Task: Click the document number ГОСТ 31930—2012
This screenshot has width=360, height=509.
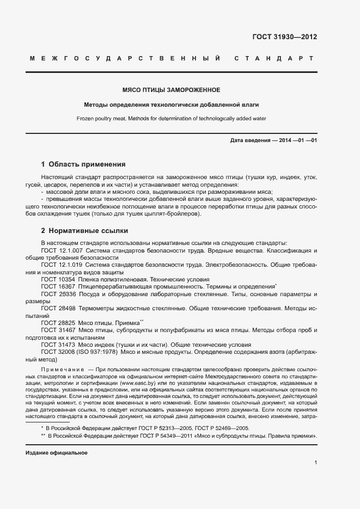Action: (285, 38)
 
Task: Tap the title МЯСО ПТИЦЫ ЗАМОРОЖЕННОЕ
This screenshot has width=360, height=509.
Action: (171, 89)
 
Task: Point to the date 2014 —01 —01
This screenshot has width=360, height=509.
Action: (298, 141)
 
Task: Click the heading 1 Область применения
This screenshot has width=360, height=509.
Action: (83, 164)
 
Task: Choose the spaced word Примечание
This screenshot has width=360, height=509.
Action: (62, 370)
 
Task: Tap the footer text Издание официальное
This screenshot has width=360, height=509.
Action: (56, 453)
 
